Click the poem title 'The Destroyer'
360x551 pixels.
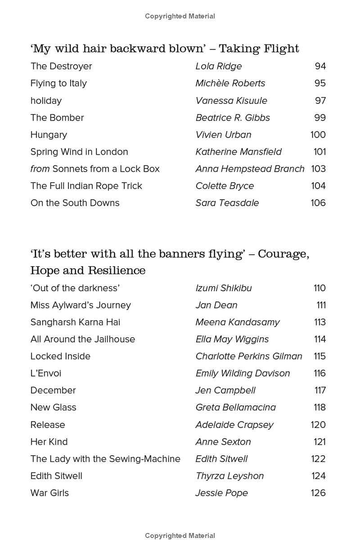coord(61,66)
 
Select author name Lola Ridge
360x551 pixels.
coord(219,66)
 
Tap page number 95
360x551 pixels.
coord(320,83)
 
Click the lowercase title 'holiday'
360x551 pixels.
coord(46,101)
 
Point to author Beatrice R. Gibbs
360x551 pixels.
coord(233,118)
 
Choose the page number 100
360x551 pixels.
coord(318,135)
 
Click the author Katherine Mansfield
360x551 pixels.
coord(238,152)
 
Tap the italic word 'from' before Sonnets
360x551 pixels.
coord(40,169)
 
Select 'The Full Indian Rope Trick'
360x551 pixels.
coord(86,186)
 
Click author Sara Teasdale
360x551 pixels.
coord(227,203)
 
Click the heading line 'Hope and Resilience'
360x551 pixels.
coord(88,270)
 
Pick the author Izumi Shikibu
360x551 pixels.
coord(224,288)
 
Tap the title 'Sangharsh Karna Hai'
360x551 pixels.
coord(75,323)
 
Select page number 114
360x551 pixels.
coord(319,340)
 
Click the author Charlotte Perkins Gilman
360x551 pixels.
coord(249,357)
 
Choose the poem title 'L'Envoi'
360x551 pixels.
coord(46,374)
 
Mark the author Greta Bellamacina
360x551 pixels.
coord(236,408)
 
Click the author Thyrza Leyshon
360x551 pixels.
coord(229,476)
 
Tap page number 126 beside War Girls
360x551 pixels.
coord(318,493)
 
